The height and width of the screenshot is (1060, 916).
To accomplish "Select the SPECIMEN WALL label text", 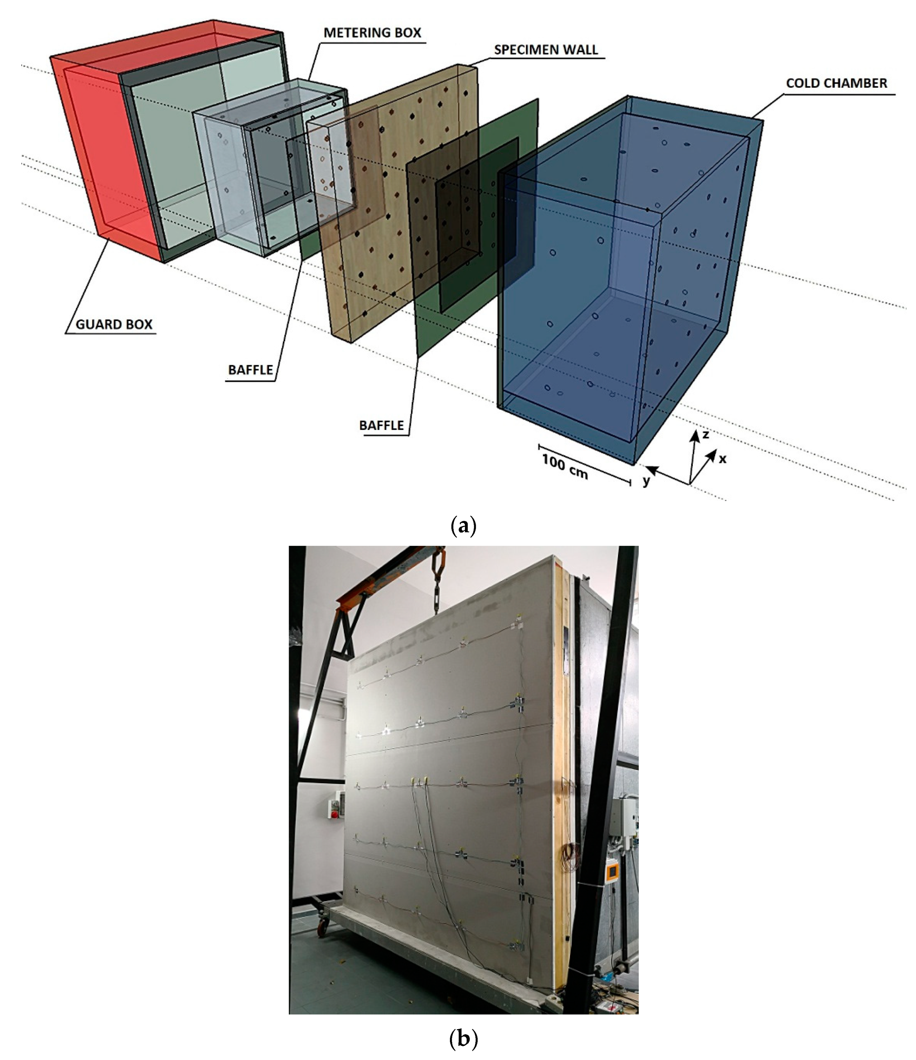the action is pos(546,49).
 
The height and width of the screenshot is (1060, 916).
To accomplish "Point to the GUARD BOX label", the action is pos(114,324).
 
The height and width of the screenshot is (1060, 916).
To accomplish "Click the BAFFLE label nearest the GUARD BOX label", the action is pos(250,370).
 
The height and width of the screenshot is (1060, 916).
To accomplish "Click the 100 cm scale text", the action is pos(565,466).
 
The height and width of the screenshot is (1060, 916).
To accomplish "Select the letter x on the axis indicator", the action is pos(722,459).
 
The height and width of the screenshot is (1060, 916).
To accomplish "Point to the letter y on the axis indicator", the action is pos(646,481).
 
